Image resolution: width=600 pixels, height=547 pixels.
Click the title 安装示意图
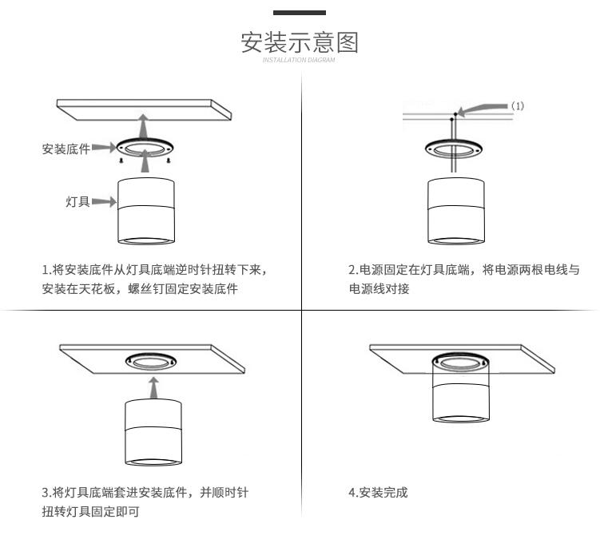pos(300,42)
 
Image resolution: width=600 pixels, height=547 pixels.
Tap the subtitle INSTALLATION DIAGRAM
pos(300,60)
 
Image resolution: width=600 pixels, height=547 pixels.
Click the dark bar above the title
pos(300,13)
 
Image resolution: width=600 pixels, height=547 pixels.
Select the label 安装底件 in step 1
pos(66,149)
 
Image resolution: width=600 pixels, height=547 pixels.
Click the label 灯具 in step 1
pos(77,202)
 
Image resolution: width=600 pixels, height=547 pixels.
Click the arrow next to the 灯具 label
pos(104,202)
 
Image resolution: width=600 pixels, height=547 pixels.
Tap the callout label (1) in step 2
pos(518,106)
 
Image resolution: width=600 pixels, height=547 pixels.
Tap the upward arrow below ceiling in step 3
pos(153,387)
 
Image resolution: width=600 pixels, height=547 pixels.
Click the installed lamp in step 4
pos(459,391)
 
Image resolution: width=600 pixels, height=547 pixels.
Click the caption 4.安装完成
pos(378,493)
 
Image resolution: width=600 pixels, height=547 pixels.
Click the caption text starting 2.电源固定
pos(463,270)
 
